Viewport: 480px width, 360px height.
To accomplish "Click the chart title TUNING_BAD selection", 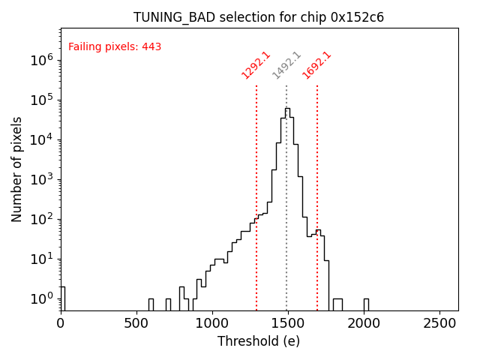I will [259, 17].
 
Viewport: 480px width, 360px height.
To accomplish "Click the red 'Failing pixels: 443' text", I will [115, 47].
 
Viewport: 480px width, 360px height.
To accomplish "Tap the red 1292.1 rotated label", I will [256, 65].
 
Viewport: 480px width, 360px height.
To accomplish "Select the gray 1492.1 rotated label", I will [286, 65].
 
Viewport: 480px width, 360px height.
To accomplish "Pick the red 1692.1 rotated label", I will [317, 65].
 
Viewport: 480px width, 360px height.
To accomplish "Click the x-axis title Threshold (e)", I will [259, 341].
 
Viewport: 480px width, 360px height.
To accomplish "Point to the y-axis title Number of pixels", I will [17, 169].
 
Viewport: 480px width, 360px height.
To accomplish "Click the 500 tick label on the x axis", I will [136, 323].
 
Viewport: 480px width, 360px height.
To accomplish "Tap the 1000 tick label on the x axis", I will [212, 323].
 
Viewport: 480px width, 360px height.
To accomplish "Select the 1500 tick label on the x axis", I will [288, 323].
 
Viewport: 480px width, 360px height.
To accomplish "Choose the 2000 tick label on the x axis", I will [364, 323].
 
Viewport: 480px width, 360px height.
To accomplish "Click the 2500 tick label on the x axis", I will [439, 323].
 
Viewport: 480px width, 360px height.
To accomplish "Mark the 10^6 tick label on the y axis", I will [41, 60].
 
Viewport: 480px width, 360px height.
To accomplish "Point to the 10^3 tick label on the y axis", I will [41, 179].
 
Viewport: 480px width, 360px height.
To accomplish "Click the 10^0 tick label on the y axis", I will [41, 298].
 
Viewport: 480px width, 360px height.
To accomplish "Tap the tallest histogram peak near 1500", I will [287, 109].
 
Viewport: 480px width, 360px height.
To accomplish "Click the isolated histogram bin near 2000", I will [366, 304].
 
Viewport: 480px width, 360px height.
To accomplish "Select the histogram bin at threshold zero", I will [62, 298].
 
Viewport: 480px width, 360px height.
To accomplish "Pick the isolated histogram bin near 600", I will [151, 304].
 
